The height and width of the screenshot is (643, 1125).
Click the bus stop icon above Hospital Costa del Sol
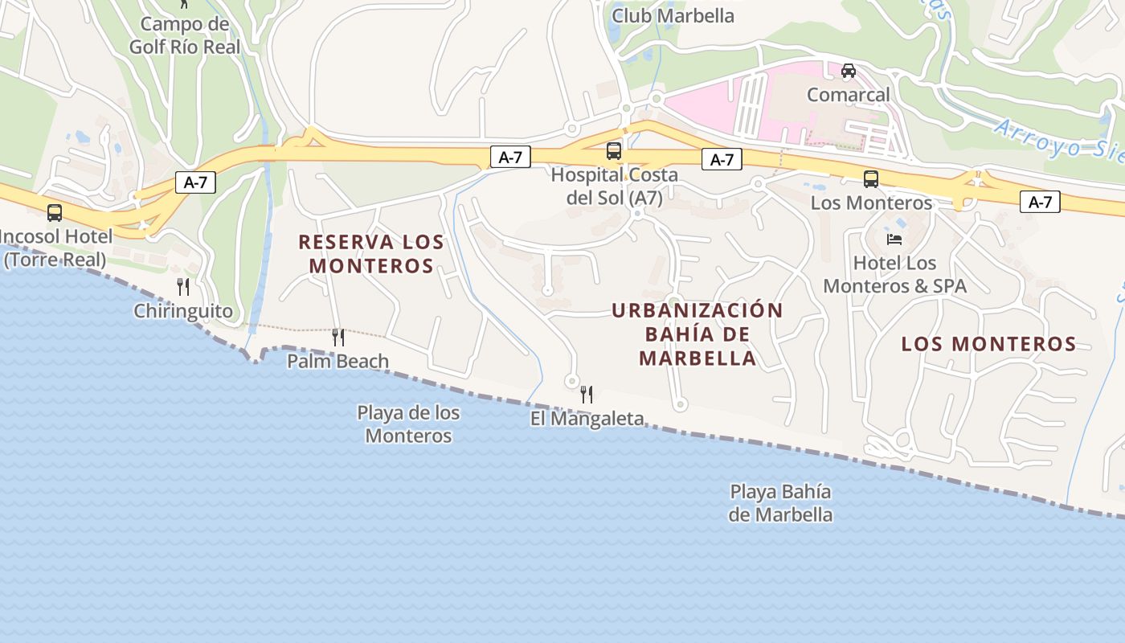tap(613, 150)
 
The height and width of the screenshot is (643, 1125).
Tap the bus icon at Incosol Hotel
tap(55, 213)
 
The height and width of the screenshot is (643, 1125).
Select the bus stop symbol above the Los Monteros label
tap(871, 179)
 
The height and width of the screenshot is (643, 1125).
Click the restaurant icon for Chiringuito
tap(183, 286)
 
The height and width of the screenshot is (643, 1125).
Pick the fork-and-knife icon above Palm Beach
tap(338, 337)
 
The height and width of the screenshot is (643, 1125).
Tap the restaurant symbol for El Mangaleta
tap(587, 394)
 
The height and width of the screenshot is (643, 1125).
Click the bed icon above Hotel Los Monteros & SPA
tap(894, 239)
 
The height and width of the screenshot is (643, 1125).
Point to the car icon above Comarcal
tap(849, 71)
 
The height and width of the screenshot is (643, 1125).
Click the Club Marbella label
tap(673, 15)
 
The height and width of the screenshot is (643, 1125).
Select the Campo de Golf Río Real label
tap(185, 35)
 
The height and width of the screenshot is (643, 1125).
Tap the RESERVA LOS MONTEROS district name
tap(371, 253)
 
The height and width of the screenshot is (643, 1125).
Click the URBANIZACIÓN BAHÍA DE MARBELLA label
tap(697, 334)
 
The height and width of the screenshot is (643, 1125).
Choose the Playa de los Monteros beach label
tap(408, 424)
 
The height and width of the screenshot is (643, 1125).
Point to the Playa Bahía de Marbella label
tap(780, 502)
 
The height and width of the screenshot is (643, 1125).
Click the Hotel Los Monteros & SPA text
tap(894, 274)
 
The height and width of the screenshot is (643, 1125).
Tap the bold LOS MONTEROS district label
tap(988, 344)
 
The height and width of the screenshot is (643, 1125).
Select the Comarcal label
tap(849, 95)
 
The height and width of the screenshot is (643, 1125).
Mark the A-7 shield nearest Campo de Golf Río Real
tap(195, 182)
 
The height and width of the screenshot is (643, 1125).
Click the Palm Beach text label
tap(338, 362)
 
